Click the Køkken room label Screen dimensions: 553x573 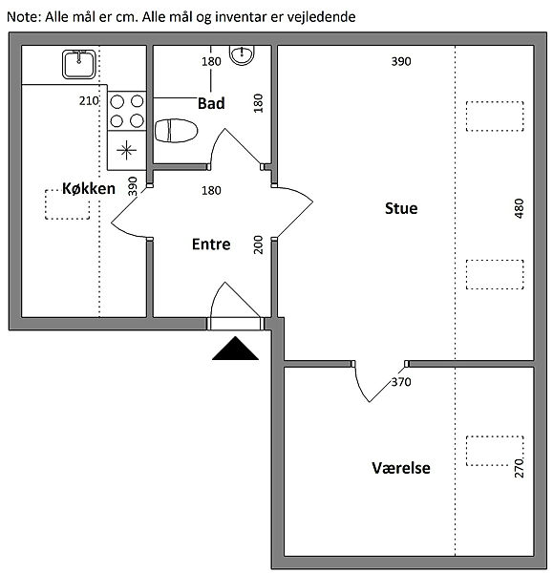pos(89,188)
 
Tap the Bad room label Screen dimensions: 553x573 pos(211,103)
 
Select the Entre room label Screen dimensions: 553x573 pos(211,244)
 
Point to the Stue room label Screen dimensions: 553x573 pos(401,208)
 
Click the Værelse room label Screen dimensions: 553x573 pos(401,468)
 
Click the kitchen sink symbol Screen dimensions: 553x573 pos(79,64)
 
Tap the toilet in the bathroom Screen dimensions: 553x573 pos(176,131)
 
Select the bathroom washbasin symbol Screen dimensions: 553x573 pos(242,55)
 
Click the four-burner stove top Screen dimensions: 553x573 pos(127,111)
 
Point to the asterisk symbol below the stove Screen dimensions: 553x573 pos(126,150)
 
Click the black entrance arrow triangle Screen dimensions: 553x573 pos(235,349)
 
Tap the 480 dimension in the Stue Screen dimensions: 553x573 pos(519,208)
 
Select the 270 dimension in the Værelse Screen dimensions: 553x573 pos(519,469)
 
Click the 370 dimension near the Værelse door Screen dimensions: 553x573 pos(401,382)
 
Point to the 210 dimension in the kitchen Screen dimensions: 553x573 pos(89,101)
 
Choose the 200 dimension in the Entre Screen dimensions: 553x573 pos(259,244)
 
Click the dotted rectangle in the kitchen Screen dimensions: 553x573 pos(67,204)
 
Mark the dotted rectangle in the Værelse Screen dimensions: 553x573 pos(495,451)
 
